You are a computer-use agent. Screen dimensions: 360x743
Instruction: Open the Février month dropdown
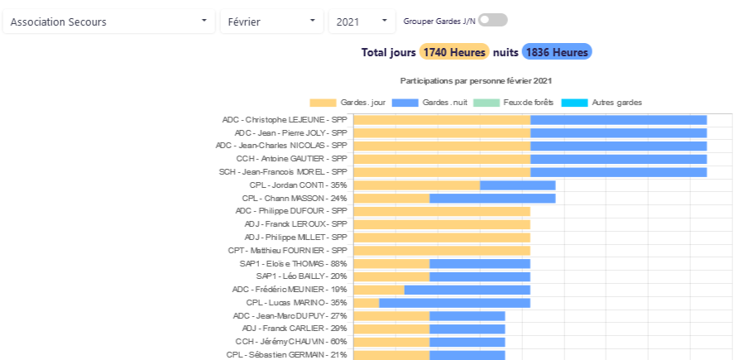click(x=271, y=22)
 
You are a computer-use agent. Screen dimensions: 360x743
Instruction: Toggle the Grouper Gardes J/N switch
click(x=492, y=20)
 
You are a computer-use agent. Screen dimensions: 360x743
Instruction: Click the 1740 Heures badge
click(x=454, y=52)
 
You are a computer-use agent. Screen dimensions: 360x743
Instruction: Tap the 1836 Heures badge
click(x=557, y=52)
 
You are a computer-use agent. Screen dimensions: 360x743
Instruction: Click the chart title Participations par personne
click(x=476, y=81)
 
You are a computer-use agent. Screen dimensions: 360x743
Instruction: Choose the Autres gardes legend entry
click(x=602, y=103)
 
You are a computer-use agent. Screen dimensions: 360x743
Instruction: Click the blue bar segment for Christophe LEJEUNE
click(x=618, y=120)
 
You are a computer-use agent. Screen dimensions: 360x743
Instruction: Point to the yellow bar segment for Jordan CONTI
click(x=416, y=185)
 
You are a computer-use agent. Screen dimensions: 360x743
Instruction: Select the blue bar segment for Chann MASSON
click(x=492, y=199)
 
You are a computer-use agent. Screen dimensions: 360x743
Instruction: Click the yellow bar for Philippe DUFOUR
click(x=442, y=211)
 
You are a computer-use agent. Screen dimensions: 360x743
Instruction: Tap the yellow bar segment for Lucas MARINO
click(x=366, y=303)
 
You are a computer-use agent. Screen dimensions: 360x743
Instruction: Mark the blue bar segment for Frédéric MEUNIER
click(x=467, y=290)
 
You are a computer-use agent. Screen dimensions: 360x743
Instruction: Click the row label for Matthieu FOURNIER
click(x=287, y=251)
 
